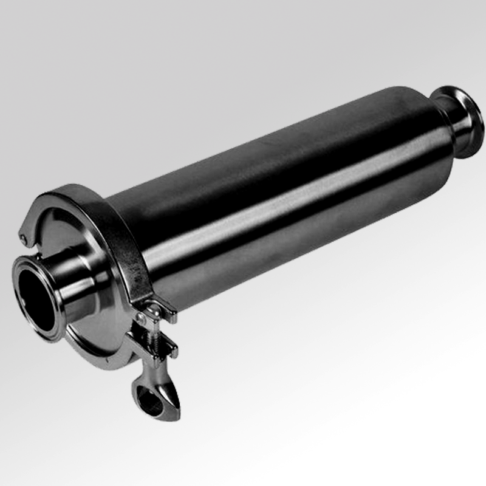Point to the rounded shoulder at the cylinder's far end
[x=425, y=115]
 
